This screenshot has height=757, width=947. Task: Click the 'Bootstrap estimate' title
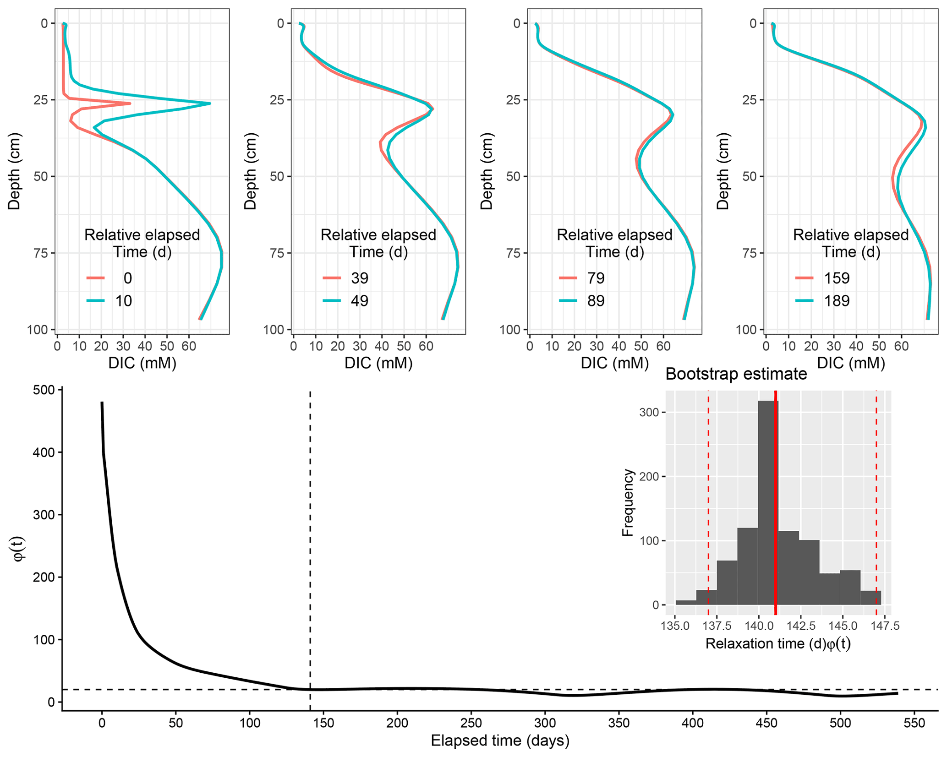point(736,374)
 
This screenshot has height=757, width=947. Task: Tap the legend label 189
point(837,301)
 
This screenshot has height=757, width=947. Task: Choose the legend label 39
point(360,278)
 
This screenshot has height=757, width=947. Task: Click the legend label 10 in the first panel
point(123,301)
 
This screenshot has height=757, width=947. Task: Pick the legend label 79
point(596,278)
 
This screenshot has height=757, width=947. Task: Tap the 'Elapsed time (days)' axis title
point(500,741)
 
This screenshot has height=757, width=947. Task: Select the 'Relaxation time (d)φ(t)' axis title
point(778,644)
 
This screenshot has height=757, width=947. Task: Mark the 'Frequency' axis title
point(627,502)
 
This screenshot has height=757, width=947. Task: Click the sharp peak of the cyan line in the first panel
point(209,103)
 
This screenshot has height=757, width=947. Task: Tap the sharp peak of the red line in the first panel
point(130,103)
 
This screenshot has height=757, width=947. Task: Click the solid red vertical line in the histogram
point(775,504)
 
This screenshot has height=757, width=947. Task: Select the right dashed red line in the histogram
point(876,504)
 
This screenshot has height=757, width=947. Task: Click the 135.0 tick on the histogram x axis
point(675,626)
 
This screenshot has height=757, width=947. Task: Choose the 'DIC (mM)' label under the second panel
point(378,363)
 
